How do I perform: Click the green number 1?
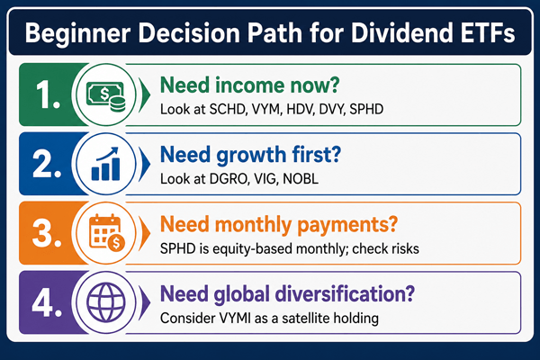tap(48, 95)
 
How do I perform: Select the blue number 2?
tap(47, 165)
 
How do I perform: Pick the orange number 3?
tap(47, 234)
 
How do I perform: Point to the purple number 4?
tap(47, 303)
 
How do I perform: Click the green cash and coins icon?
tap(105, 96)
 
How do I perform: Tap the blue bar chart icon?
tap(105, 164)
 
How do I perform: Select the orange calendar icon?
tap(107, 233)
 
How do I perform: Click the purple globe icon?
tap(105, 302)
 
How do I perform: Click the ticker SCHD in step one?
tap(228, 109)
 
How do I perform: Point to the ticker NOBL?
tap(301, 179)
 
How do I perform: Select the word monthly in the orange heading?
tap(254, 225)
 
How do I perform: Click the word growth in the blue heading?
tap(251, 156)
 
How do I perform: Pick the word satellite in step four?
tap(301, 318)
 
